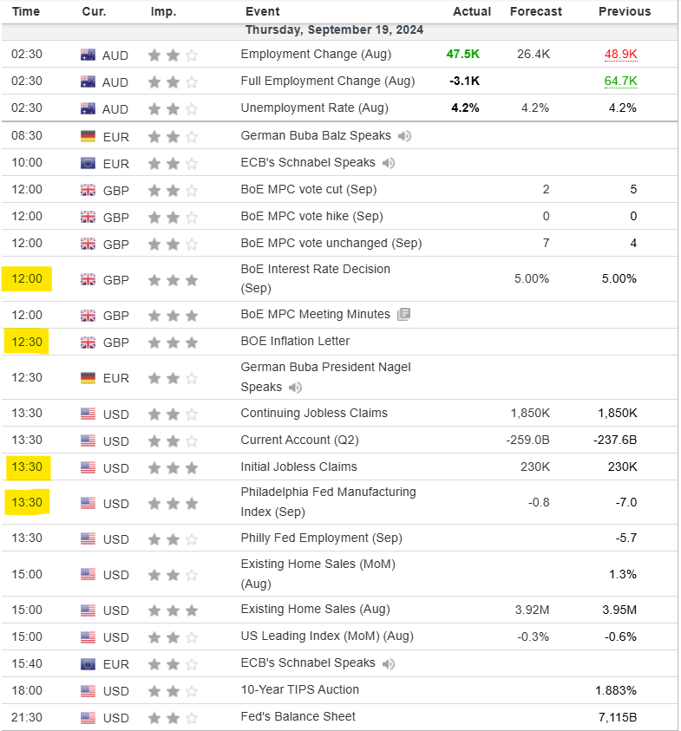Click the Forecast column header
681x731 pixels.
coord(535,11)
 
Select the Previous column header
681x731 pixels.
coord(624,11)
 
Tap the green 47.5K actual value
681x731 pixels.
coord(462,54)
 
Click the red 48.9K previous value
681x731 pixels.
coord(620,54)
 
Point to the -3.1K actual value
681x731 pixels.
coord(463,81)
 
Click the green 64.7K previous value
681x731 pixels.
coord(620,81)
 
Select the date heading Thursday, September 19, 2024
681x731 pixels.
coord(334,29)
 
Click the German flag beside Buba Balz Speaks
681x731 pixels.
coord(88,136)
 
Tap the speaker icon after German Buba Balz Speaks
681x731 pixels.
coord(405,136)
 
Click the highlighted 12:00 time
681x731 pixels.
coord(27,279)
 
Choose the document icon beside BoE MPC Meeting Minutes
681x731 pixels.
coord(403,315)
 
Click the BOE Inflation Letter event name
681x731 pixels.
coord(295,341)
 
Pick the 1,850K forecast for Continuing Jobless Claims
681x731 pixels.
coord(529,413)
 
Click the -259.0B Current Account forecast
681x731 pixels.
coord(528,440)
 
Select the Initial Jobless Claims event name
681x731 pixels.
coord(298,467)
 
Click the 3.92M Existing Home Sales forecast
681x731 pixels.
coord(532,609)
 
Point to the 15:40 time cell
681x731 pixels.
coord(25,663)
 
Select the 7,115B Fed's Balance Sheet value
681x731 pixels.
coord(617,717)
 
